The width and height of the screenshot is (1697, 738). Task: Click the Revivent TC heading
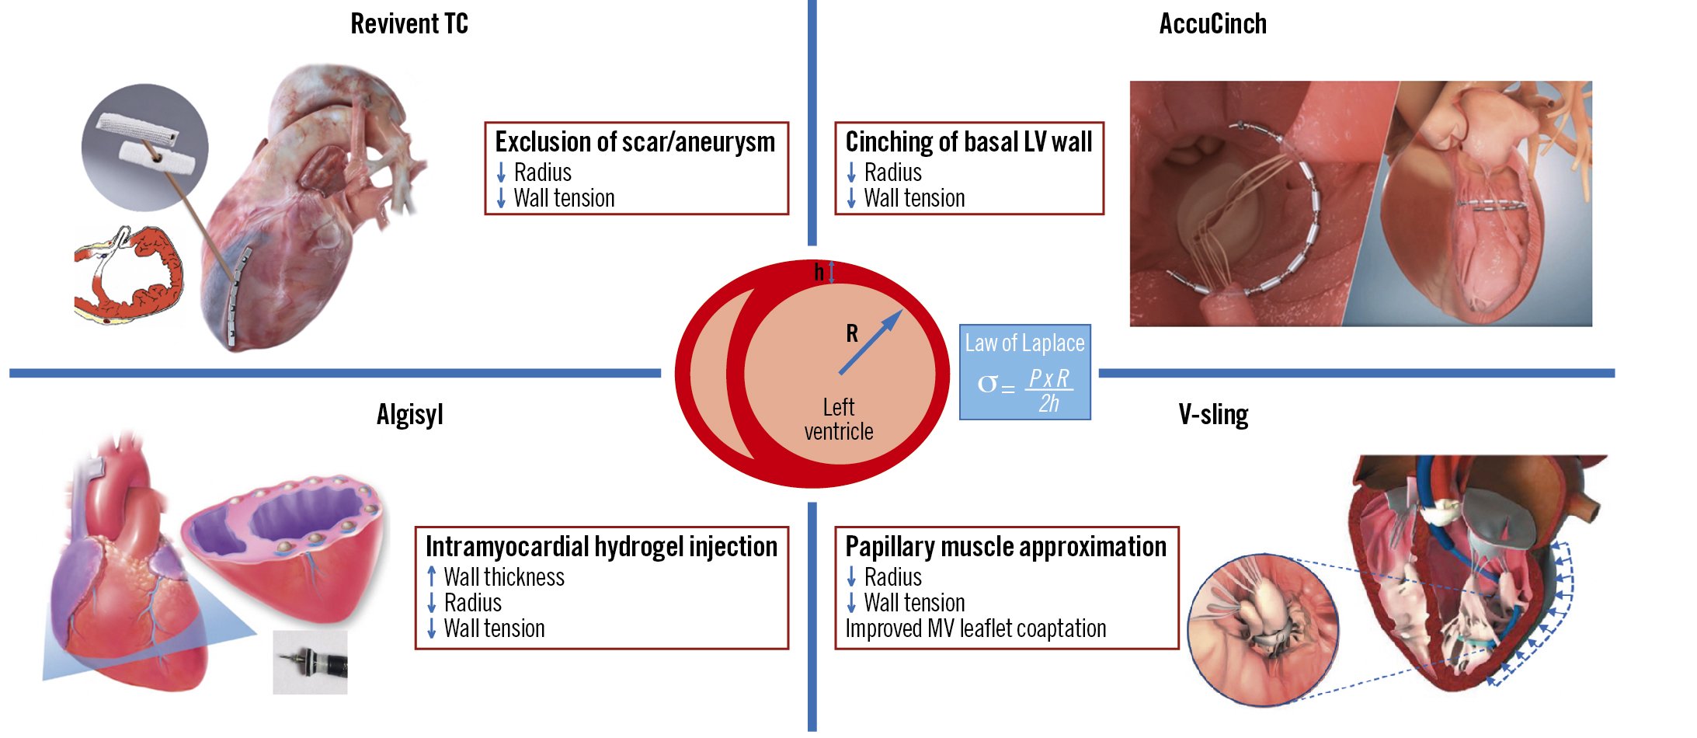(409, 24)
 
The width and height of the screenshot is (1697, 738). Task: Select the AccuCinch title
(1212, 24)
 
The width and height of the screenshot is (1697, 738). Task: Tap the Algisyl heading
(409, 415)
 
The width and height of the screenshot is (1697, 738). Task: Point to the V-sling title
(1213, 415)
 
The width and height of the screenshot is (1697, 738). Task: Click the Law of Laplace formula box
(1024, 372)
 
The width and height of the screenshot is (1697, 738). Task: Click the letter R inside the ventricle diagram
(852, 334)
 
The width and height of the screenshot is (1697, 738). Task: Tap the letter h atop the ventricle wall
(819, 272)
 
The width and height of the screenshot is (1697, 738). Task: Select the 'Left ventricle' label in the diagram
(838, 419)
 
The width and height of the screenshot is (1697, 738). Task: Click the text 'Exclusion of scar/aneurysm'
(635, 142)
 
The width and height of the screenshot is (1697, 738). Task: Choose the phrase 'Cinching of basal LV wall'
(968, 142)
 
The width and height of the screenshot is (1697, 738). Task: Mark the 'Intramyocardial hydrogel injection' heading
(601, 547)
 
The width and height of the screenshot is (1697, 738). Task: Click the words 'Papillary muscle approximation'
(1006, 547)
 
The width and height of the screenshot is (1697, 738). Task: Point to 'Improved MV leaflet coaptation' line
(975, 628)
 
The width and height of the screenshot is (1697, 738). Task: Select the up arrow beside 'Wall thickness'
(432, 577)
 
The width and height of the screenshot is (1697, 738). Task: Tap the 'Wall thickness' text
(504, 577)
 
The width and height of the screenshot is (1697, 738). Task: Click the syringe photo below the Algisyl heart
(310, 662)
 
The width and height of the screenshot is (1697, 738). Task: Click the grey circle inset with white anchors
(144, 147)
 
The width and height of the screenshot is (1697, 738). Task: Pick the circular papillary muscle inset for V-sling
(1264, 630)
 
